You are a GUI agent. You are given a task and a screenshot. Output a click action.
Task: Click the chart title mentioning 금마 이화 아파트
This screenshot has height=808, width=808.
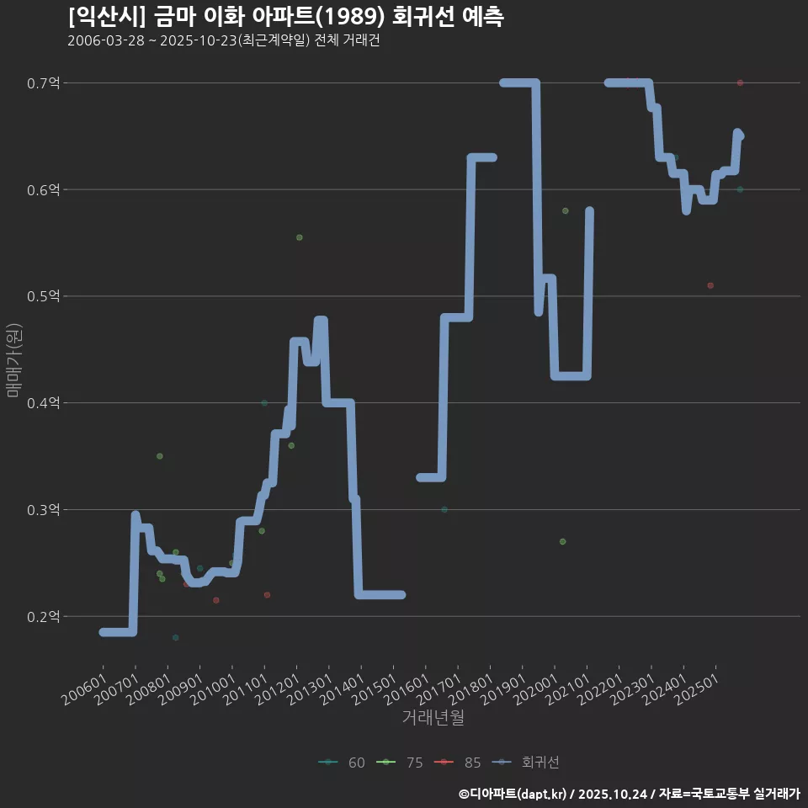285,17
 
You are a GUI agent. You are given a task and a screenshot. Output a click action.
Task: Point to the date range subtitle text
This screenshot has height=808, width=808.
223,41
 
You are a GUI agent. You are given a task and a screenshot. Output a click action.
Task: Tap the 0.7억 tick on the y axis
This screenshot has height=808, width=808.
45,82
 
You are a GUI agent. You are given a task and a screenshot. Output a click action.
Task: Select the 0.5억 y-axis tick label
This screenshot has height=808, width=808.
45,296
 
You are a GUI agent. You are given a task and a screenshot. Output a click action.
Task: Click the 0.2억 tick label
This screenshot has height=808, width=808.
45,616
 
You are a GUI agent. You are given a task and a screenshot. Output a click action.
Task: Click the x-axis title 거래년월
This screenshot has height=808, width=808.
433,718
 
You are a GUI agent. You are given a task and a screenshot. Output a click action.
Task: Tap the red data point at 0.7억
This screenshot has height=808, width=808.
740,82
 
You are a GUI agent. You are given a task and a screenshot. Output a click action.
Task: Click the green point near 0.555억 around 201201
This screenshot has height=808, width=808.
300,237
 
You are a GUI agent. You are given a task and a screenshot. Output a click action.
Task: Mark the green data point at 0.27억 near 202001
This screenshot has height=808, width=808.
563,541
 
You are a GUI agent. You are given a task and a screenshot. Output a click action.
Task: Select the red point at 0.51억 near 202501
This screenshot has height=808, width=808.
710,285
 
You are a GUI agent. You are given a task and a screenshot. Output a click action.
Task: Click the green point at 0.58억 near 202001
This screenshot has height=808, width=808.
566,210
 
